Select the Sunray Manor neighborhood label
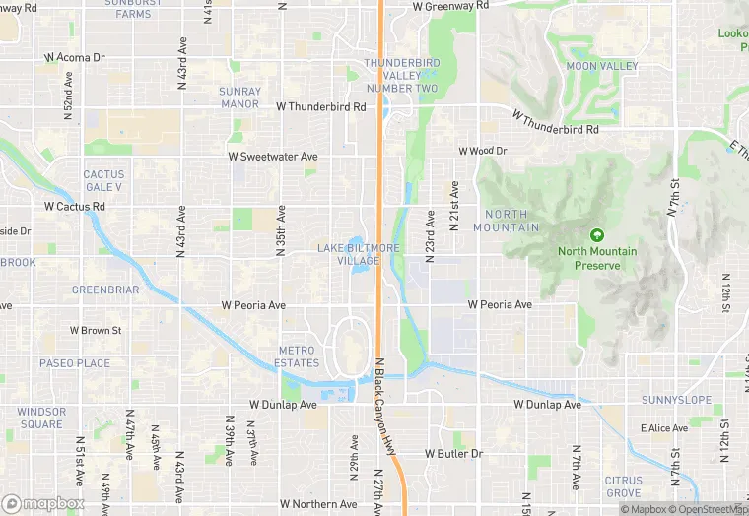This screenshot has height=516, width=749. (x=239, y=97)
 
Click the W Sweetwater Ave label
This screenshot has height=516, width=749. (x=273, y=157)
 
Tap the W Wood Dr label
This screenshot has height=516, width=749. (x=482, y=151)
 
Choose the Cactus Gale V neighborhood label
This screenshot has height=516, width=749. (x=102, y=180)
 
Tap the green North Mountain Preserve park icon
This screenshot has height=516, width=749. (x=596, y=235)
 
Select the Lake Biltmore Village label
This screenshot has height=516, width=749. (x=359, y=254)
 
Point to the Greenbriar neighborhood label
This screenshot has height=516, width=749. (x=105, y=290)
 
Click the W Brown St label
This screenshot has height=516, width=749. (x=95, y=331)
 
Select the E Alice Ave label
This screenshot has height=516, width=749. (x=664, y=428)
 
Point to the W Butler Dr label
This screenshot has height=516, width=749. (x=453, y=454)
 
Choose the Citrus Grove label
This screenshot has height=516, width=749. (x=623, y=486)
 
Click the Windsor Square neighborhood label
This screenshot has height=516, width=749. (x=41, y=419)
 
